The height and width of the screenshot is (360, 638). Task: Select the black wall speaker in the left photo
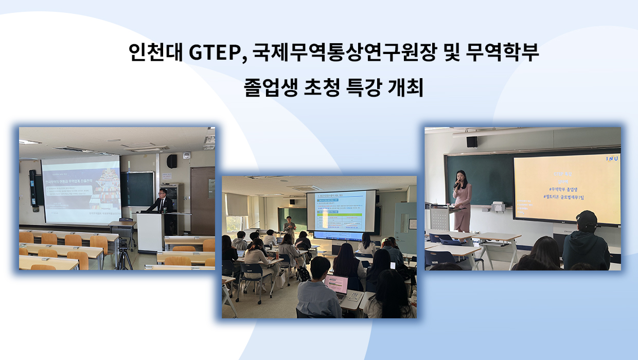pyautogui.click(x=172, y=161)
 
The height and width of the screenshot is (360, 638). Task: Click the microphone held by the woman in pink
pyautogui.click(x=456, y=184)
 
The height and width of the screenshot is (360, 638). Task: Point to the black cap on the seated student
pyautogui.click(x=587, y=220)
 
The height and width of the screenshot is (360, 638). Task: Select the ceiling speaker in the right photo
pyautogui.click(x=471, y=141)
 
